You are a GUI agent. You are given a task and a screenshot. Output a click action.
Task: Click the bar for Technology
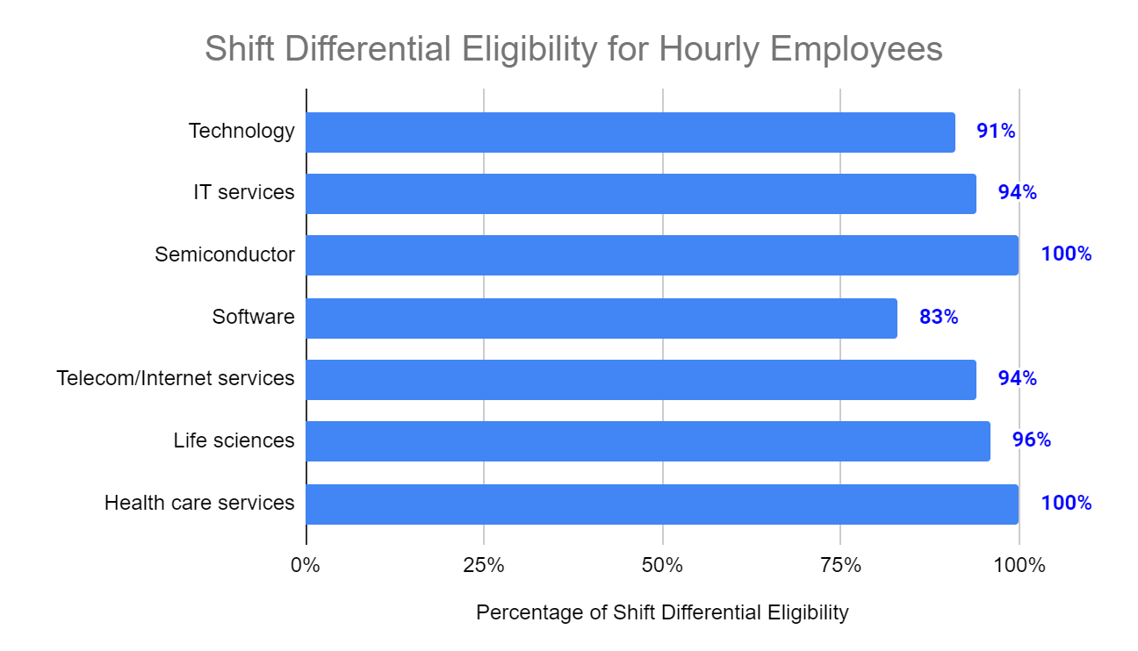630,132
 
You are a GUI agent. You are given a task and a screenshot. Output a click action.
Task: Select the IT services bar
641,194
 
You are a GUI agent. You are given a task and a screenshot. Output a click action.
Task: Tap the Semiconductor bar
662,255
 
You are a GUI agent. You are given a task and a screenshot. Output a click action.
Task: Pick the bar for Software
601,318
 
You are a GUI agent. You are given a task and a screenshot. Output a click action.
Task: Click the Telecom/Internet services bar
641,380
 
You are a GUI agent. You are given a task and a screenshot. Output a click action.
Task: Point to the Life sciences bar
648,441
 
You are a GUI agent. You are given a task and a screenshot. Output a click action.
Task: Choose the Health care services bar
662,504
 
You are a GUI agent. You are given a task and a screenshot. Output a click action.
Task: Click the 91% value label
996,132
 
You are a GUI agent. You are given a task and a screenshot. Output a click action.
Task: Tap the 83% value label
939,318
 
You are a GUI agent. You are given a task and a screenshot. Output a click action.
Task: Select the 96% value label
1032,440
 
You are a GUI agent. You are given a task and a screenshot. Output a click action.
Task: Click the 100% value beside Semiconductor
1066,254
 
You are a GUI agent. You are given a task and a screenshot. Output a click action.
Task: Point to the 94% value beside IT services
1017,193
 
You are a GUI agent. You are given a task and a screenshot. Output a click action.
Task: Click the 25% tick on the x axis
484,566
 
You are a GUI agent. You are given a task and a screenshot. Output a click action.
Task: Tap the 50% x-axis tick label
662,566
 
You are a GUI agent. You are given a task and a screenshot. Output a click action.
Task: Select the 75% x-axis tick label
840,566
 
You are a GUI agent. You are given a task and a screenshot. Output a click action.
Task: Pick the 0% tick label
306,566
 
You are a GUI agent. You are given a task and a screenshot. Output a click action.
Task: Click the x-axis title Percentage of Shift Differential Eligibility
662,612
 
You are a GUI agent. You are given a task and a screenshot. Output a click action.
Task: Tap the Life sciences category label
234,440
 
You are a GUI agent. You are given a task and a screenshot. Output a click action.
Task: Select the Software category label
253,317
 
